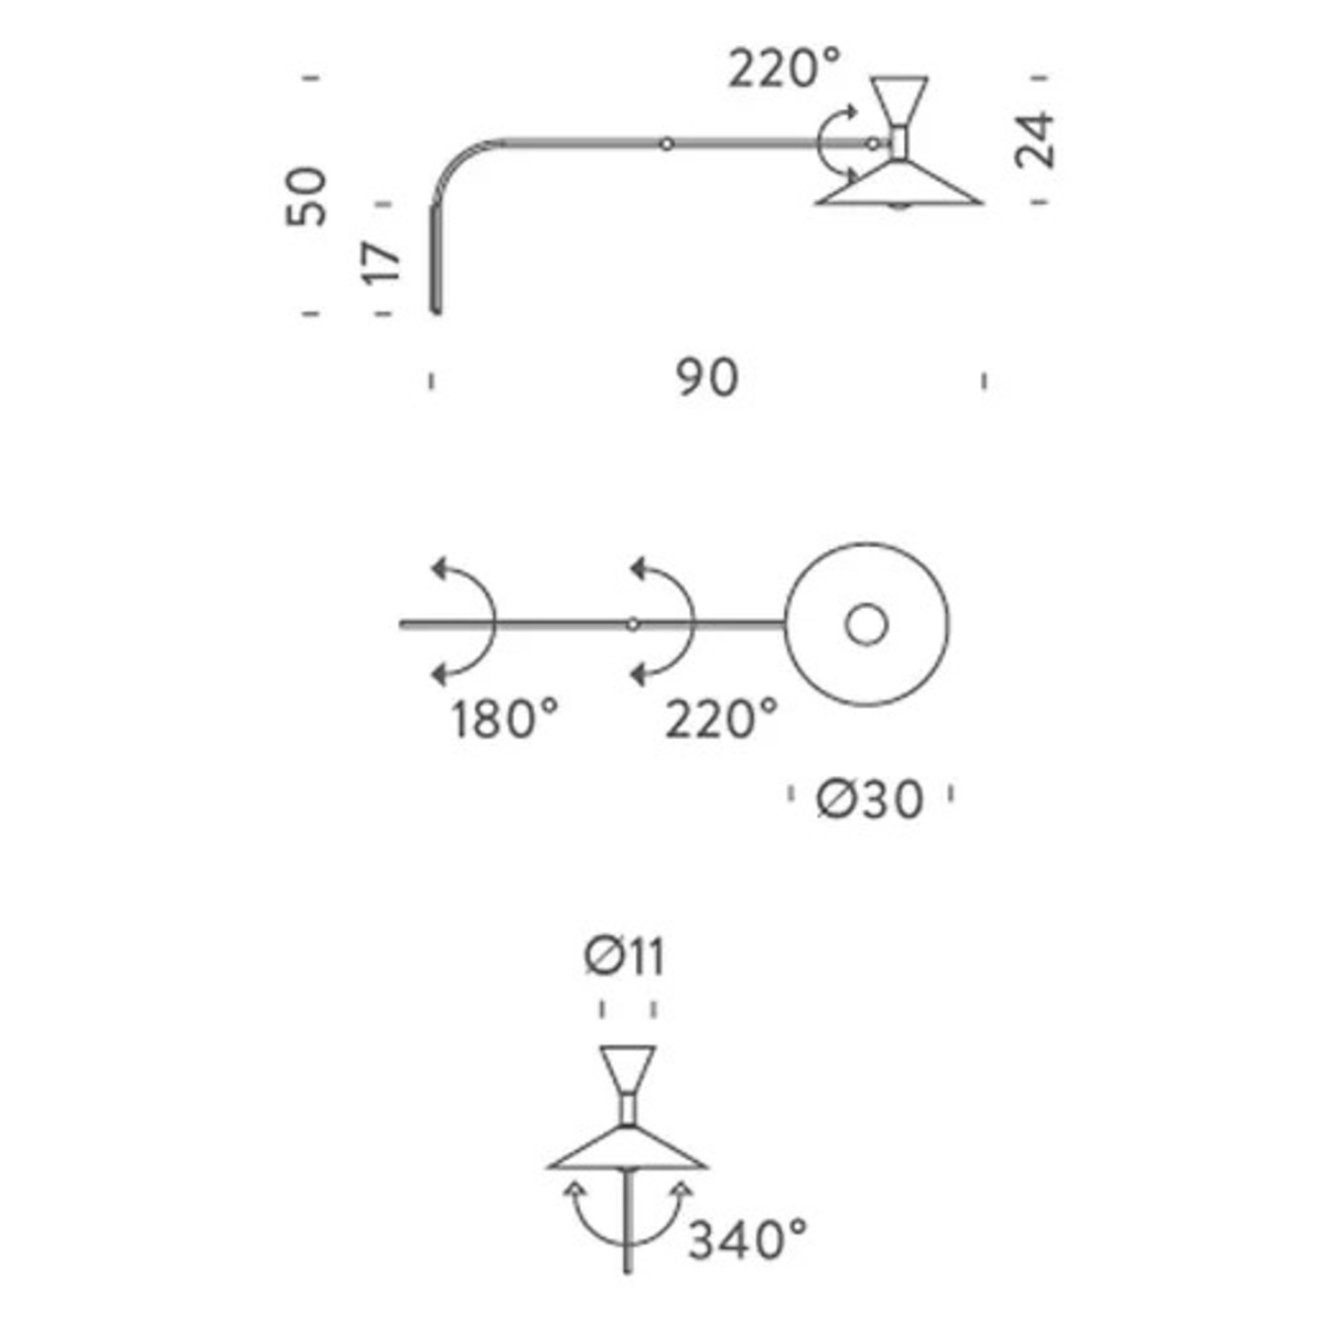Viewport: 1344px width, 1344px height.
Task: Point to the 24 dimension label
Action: coord(1035,140)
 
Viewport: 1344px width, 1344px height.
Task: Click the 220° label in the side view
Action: coord(785,68)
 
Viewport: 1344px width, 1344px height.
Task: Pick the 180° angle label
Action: coord(504,719)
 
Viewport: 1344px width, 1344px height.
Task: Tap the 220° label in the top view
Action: coord(721,719)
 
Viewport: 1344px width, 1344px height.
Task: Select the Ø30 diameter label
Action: coord(869,798)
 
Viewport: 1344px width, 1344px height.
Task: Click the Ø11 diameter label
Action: coord(625,958)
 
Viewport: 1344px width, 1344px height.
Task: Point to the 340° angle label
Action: coord(747,1240)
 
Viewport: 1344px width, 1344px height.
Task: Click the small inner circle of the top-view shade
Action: coord(866,625)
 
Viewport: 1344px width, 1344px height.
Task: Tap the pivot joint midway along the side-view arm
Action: coord(666,143)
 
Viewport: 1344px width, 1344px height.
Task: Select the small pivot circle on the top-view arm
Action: coord(633,625)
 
